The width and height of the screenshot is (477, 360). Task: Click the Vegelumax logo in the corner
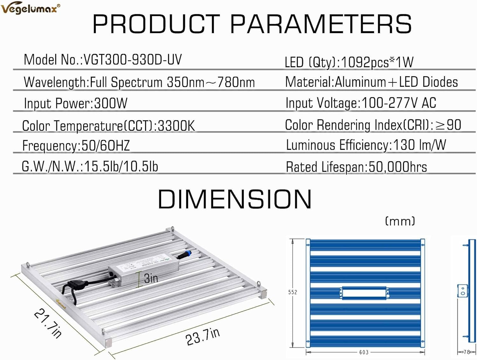pos(31,8)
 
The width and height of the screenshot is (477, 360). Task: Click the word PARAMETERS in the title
pos(321,24)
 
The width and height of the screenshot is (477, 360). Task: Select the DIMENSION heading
pos(235,199)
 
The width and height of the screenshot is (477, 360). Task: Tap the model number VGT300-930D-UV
pos(133,59)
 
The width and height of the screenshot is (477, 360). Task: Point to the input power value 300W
pos(111,103)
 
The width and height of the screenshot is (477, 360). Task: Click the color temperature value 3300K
pos(176,126)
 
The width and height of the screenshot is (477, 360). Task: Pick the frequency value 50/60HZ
pos(105,145)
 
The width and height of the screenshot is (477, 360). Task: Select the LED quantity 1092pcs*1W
pos(377,62)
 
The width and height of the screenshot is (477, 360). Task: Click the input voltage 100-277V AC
pos(398,103)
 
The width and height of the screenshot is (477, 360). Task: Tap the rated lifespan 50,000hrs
pos(398,167)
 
